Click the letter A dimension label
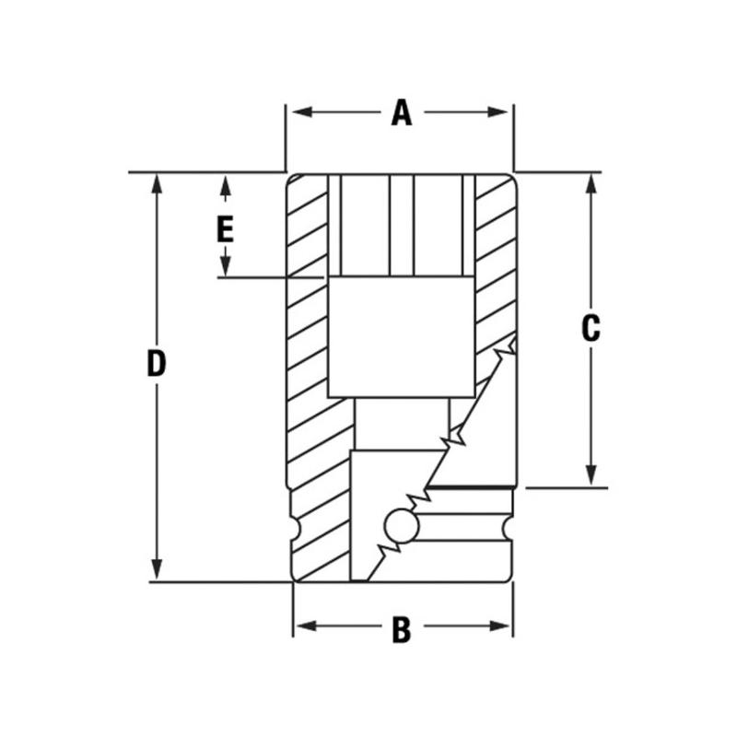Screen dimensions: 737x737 400,112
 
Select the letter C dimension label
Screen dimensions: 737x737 591,328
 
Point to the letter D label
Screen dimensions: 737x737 158,364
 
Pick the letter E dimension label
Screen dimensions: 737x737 225,228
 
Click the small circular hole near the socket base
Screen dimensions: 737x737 402,527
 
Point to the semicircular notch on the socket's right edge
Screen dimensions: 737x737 508,530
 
